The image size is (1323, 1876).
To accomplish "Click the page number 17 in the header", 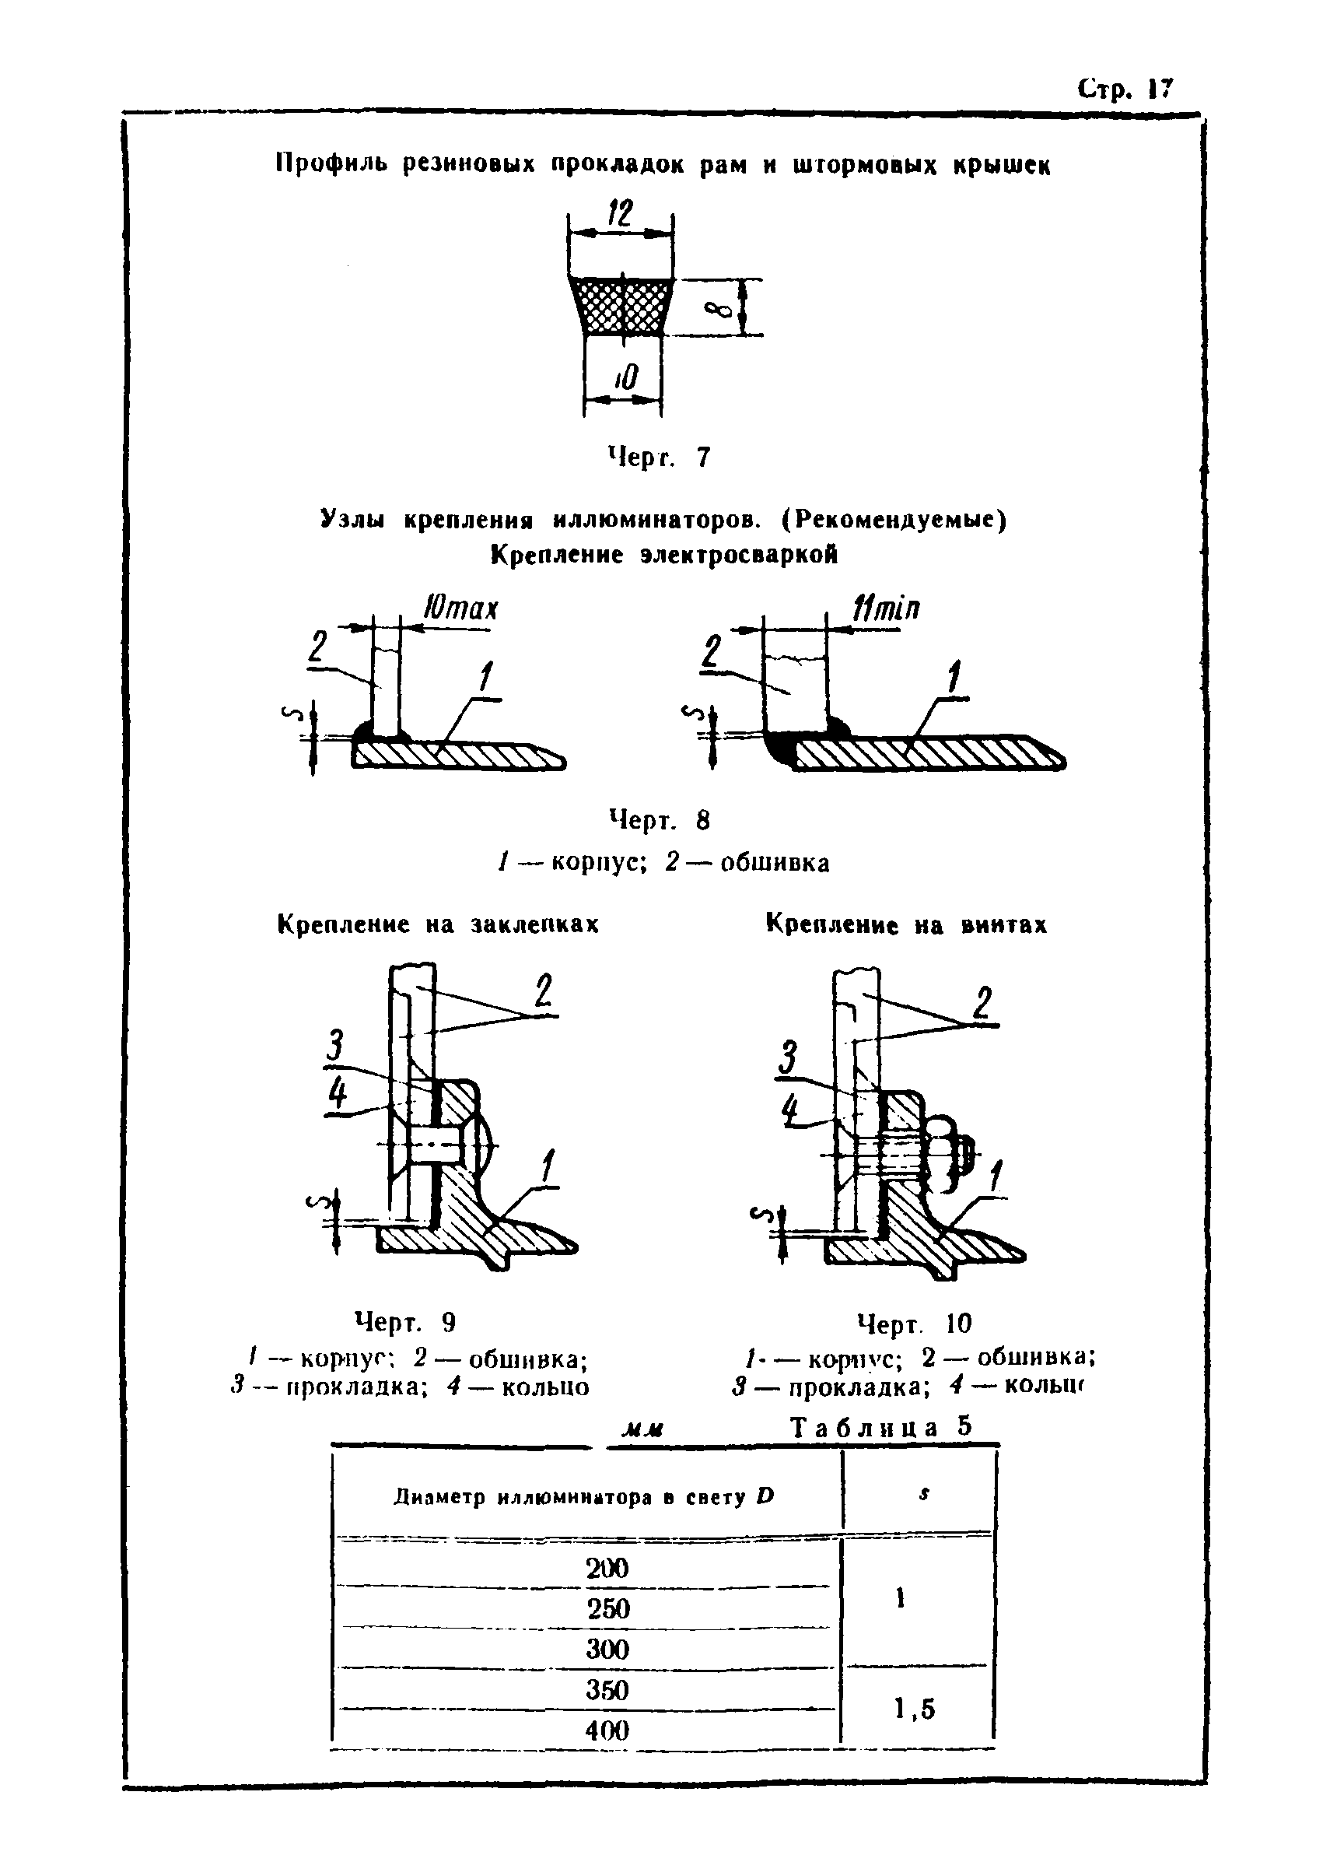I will pos(1160,88).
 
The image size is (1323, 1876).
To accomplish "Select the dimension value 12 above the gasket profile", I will pos(620,214).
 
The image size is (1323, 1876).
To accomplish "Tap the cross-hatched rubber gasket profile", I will pos(622,306).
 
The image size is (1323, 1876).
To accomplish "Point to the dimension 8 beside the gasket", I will pos(719,308).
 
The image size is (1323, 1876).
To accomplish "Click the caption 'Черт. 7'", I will pos(659,457).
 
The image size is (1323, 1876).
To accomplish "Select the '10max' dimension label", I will pos(460,609).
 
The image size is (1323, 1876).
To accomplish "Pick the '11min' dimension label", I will pos(886,608).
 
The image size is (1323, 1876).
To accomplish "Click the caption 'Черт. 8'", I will pos(659,820).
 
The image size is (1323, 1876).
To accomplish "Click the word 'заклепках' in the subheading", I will pos(534,924).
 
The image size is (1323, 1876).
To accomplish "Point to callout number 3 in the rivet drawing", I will pos(334,1046).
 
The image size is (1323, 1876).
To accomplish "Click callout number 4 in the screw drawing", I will pos(789,1110).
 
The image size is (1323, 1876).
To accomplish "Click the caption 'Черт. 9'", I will pos(405,1322).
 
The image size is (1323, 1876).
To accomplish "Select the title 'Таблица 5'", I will pos(882,1426).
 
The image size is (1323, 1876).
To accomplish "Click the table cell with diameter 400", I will pos(607,1730).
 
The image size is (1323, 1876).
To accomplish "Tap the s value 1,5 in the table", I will pos(914,1709).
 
